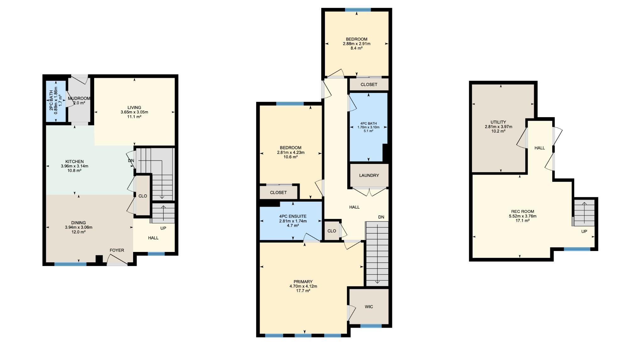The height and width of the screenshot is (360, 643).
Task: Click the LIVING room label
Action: coord(134,107)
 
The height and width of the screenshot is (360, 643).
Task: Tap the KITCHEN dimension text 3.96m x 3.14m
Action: coord(74,166)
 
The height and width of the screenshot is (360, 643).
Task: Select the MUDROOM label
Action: coord(79,98)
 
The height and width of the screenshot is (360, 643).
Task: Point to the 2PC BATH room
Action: coord(56,101)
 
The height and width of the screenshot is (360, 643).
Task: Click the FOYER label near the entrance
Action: coord(117,250)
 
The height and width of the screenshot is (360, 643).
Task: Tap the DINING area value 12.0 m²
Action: coord(78,232)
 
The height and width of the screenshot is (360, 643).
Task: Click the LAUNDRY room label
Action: coord(369,176)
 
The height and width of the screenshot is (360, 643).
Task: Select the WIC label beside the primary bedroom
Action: coord(369,307)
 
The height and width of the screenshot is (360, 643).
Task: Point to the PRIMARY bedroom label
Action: coord(303,282)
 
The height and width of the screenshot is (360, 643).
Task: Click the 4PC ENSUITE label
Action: coord(293,216)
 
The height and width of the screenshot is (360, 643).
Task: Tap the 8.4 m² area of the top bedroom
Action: coord(357,48)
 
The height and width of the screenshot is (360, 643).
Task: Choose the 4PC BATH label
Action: coord(368,123)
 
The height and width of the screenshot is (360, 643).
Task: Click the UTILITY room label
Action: coord(498,122)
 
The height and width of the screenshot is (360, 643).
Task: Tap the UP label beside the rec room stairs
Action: coord(584,232)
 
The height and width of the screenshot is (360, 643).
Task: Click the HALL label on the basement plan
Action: coord(540,148)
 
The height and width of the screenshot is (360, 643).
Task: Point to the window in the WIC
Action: coord(371,326)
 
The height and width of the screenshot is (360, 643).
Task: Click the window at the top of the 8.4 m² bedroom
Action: coord(358,10)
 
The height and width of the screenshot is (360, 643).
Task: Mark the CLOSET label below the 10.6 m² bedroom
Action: coord(278,193)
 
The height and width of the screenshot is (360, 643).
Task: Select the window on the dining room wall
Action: coord(70,264)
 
